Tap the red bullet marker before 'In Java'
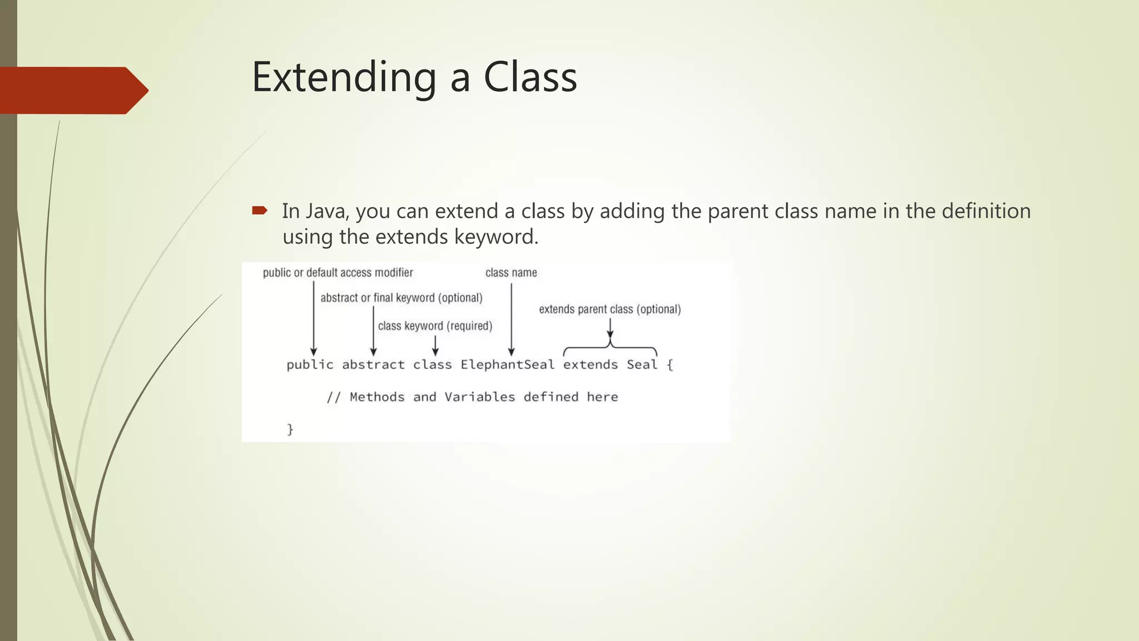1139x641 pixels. [259, 210]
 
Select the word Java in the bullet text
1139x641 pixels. [315, 211]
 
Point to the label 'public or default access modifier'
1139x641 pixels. [338, 273]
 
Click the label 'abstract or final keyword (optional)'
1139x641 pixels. [401, 298]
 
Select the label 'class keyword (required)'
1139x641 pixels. [435, 326]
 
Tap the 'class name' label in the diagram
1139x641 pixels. [511, 273]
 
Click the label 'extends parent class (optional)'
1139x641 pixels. [610, 309]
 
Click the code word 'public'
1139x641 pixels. [310, 365]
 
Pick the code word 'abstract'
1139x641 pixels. [373, 365]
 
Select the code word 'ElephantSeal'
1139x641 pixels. [507, 365]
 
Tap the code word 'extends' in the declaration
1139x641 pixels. [590, 365]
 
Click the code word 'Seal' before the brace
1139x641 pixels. [642, 365]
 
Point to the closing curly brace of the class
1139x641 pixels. [290, 429]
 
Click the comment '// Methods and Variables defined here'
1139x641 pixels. [472, 397]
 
